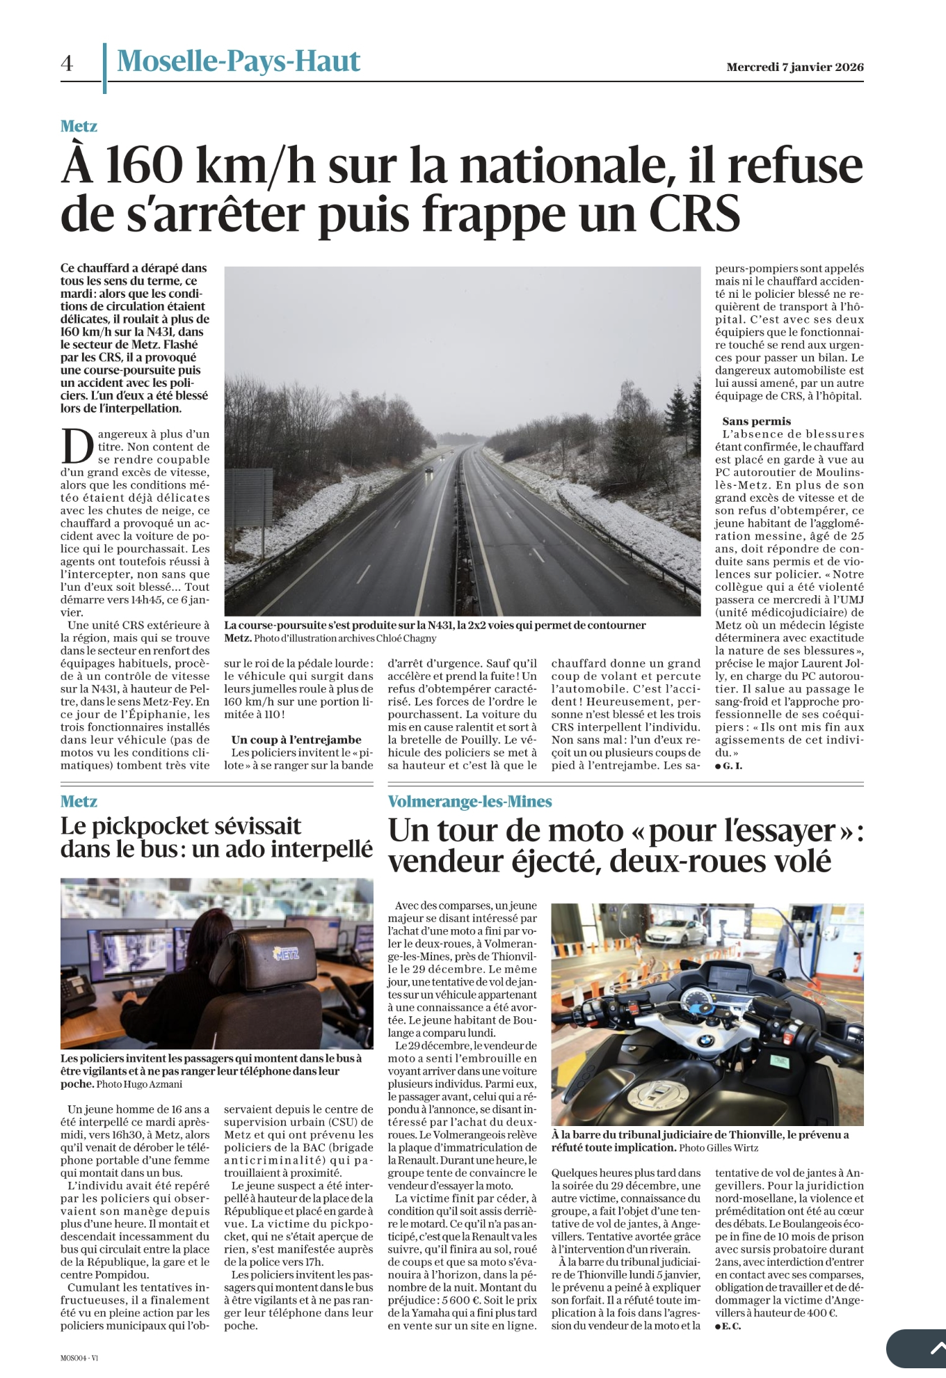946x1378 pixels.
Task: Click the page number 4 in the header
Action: coord(67,64)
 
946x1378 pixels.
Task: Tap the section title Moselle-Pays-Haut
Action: coord(238,62)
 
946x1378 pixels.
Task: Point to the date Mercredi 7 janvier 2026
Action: coord(794,68)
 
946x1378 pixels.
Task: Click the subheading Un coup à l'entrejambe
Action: coord(296,740)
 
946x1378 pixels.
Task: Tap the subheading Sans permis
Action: coord(756,421)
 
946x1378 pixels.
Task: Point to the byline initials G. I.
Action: coord(732,766)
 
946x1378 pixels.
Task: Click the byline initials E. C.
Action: coord(731,1326)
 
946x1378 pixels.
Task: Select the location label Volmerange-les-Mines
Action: coord(470,802)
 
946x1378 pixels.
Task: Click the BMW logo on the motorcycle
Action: coord(705,1041)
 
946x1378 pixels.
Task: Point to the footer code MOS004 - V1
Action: coord(79,1358)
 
